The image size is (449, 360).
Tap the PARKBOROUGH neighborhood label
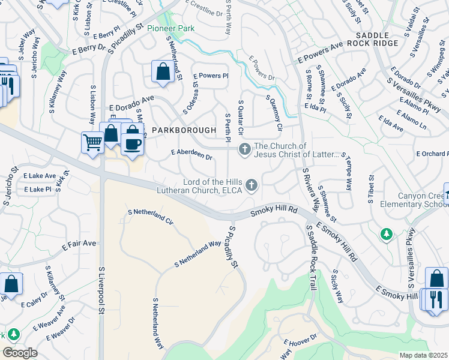click(183, 130)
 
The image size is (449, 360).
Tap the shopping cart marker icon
click(92, 143)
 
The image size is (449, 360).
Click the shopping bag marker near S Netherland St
click(163, 72)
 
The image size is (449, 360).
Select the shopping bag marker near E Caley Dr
click(11, 283)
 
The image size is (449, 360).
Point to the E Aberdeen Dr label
click(192, 154)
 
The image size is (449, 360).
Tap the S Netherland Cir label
click(151, 216)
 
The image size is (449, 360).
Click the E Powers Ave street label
click(320, 52)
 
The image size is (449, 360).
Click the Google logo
click(20, 353)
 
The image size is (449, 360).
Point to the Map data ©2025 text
click(423, 355)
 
